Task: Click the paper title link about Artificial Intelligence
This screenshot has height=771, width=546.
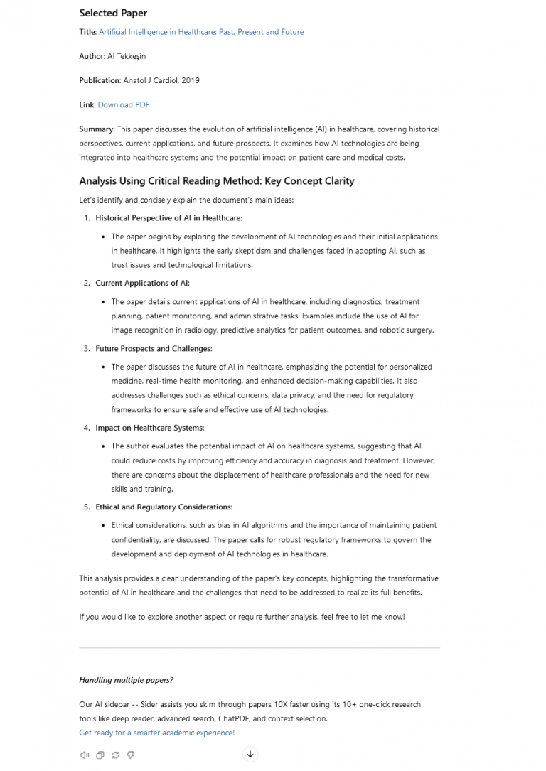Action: [x=201, y=32]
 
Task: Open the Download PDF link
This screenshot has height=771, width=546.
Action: [x=124, y=105]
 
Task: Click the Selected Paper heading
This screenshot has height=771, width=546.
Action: [x=113, y=13]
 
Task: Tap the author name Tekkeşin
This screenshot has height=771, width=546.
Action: [x=131, y=56]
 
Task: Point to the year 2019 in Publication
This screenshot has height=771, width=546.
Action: [x=191, y=80]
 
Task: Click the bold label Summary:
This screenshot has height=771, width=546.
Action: [x=97, y=129]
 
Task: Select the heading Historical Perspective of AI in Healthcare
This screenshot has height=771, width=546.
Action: [x=168, y=218]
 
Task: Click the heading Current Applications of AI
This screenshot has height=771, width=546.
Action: [x=142, y=284]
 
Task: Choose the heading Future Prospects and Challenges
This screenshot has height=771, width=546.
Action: [x=154, y=349]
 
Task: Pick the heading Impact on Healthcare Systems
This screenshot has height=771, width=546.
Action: [x=149, y=428]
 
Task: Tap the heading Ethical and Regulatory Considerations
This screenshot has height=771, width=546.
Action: [x=164, y=507]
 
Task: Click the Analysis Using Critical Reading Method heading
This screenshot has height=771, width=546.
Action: [x=216, y=181]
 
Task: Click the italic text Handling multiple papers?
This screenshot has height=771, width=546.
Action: [x=126, y=680]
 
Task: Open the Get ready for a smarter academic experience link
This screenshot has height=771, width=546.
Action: [x=156, y=733]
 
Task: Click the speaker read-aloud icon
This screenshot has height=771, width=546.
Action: [x=85, y=755]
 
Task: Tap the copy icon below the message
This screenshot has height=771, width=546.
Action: [x=100, y=755]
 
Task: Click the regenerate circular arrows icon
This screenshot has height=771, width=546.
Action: [x=115, y=755]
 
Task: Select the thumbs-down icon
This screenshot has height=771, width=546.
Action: [x=131, y=755]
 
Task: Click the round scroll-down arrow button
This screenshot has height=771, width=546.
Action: [x=250, y=755]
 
